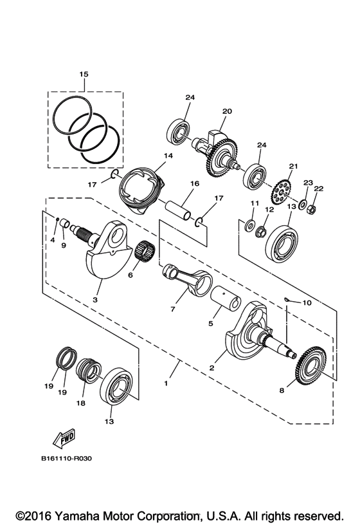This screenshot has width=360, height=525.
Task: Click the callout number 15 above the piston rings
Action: point(83,75)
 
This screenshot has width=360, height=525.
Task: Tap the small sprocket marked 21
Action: point(281,190)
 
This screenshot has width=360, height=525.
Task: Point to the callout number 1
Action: point(166,383)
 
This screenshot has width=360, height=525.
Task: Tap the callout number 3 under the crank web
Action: point(94,300)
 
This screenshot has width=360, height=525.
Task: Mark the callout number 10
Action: point(306,302)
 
